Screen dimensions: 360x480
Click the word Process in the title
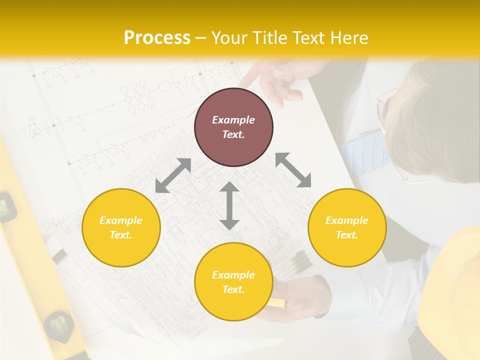click(157, 38)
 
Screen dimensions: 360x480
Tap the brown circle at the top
click(233, 127)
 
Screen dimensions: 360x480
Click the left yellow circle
click(121, 227)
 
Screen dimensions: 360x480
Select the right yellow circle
click(347, 227)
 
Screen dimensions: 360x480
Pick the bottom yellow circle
click(233, 281)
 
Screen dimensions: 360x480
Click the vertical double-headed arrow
click(229, 206)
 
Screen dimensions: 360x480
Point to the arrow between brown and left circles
click(173, 175)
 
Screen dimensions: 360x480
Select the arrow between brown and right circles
click(293, 170)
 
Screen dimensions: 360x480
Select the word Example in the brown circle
click(233, 120)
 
